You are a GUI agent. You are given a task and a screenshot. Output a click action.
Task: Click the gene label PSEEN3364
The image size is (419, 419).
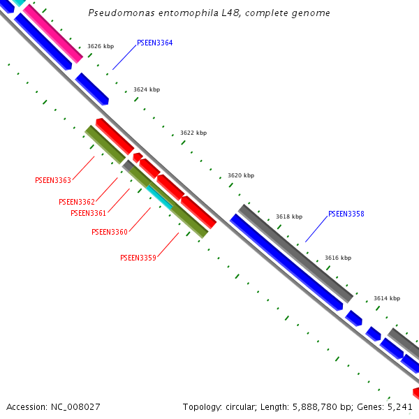(154, 43)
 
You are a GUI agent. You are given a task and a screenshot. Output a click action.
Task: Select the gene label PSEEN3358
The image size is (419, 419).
(346, 214)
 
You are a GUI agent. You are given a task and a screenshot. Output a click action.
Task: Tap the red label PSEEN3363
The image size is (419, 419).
(53, 180)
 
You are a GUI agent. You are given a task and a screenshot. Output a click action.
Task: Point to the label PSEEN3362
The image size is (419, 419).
(77, 202)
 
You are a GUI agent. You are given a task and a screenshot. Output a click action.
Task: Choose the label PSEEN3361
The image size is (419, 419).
(88, 213)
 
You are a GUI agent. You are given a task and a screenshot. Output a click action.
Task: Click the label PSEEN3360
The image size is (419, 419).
(109, 232)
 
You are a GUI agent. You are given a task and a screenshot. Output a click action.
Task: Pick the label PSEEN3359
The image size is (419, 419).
(138, 258)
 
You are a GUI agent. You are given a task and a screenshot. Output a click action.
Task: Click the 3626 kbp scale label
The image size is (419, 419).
(101, 46)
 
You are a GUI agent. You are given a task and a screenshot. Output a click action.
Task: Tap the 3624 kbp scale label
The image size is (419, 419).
(147, 89)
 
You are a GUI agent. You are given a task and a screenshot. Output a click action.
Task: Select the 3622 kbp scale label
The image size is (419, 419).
(193, 133)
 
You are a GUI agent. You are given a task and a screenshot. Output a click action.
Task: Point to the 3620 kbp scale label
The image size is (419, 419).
(241, 175)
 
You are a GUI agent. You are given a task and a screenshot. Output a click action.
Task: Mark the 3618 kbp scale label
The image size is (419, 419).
(289, 216)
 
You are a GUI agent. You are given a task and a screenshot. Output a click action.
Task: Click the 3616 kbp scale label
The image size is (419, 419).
(338, 258)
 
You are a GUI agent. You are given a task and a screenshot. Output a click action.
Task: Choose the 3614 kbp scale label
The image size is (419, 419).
(387, 298)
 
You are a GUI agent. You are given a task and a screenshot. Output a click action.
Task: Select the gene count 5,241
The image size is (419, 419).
(399, 406)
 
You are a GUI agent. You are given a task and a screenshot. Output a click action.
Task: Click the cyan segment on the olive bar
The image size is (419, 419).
(160, 197)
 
